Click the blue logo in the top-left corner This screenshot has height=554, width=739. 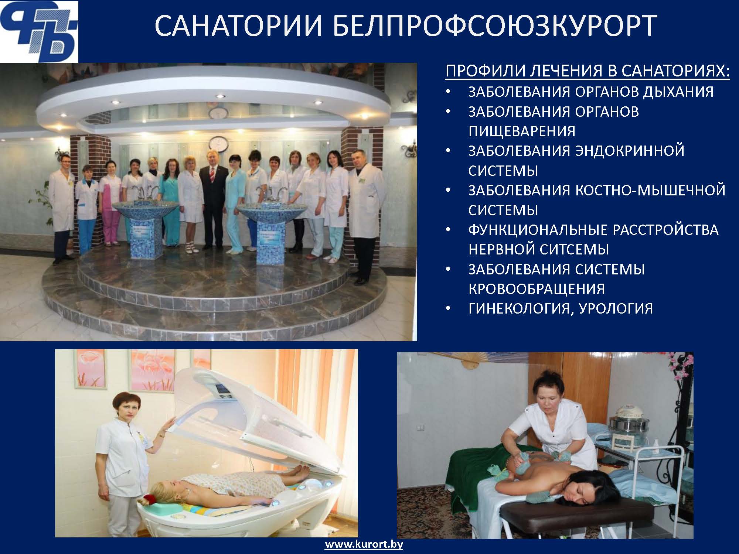39,32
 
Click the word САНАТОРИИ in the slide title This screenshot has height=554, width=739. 237,26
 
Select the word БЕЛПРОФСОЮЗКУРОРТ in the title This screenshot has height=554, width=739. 495,26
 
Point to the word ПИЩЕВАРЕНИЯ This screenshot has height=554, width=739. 522,131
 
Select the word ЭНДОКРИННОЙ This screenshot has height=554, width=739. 630,151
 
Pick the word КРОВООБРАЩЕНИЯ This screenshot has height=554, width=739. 537,289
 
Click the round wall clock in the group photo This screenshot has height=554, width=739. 218,144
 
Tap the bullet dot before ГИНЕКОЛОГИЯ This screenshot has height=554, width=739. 449,309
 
